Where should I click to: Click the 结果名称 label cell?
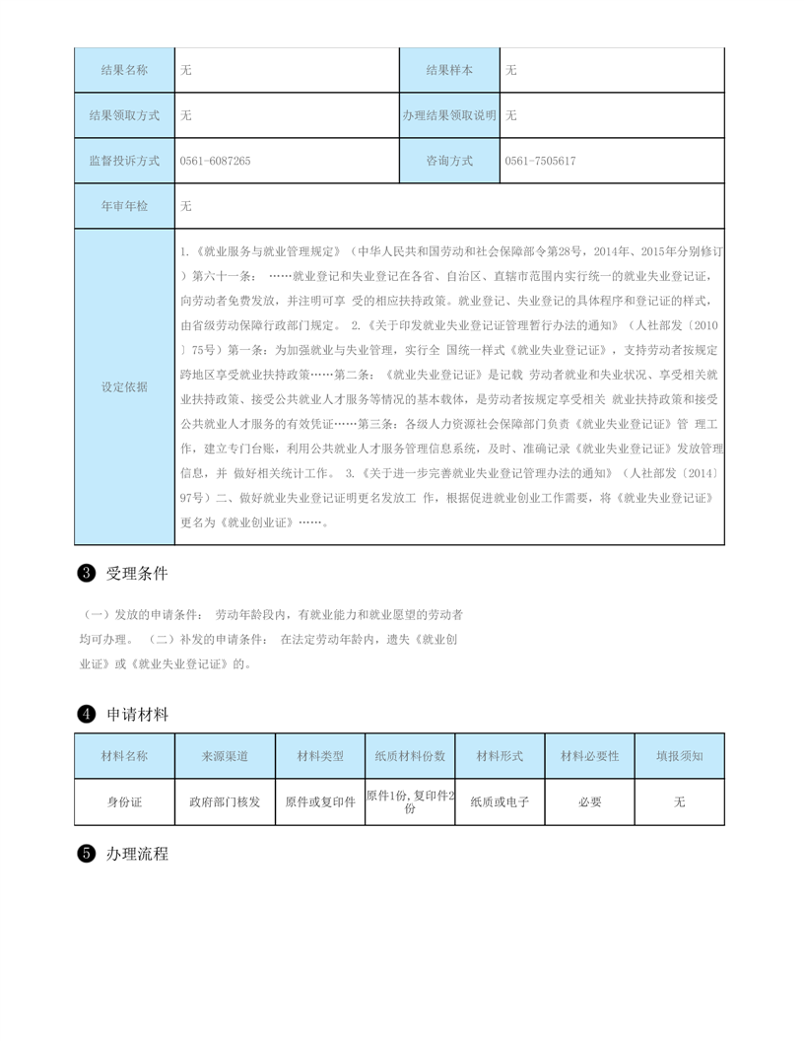click(x=124, y=70)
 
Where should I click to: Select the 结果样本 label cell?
click(x=449, y=70)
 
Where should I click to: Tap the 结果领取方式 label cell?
click(x=124, y=115)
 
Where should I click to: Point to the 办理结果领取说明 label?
click(x=449, y=115)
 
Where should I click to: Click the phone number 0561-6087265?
click(x=216, y=161)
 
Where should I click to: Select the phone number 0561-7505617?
click(x=540, y=161)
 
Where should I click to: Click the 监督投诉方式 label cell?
click(x=124, y=161)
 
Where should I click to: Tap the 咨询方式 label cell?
click(x=449, y=161)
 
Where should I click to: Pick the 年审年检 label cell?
click(x=124, y=206)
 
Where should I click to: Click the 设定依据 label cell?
click(x=124, y=386)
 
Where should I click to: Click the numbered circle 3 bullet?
click(x=86, y=573)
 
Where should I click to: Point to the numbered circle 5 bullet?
click(x=86, y=855)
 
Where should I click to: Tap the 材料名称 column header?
click(x=124, y=756)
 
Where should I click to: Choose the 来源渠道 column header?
click(x=225, y=756)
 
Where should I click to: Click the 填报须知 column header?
click(x=679, y=756)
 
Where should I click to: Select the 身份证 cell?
click(x=124, y=802)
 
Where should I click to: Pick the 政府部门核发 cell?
click(x=225, y=802)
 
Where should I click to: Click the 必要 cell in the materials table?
click(x=589, y=802)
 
